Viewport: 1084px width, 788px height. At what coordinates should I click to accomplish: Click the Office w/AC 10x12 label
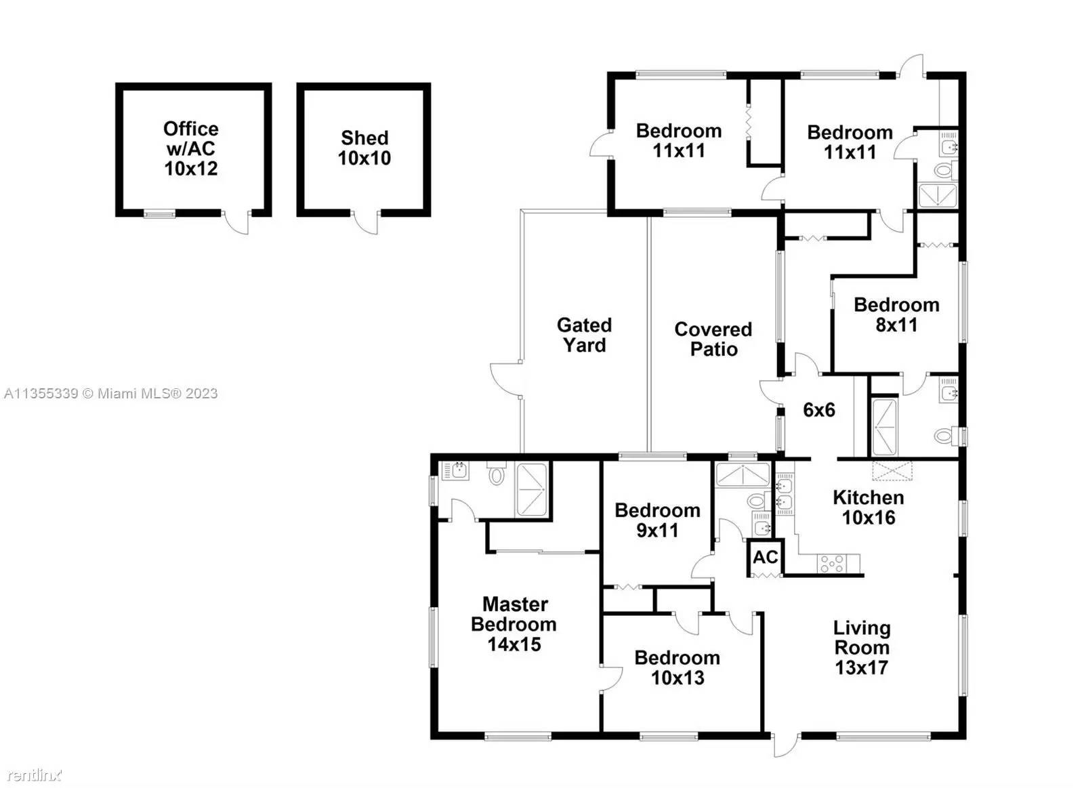point(191,148)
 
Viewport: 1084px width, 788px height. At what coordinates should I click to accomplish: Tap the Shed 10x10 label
point(364,148)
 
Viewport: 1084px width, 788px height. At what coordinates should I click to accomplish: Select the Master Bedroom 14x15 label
point(514,624)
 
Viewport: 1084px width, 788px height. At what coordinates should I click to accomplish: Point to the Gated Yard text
point(584,335)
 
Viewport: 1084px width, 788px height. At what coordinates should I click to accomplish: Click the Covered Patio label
point(713,339)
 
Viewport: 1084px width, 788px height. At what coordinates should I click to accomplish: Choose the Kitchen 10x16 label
point(868,507)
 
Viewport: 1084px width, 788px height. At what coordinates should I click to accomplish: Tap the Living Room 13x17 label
point(861,648)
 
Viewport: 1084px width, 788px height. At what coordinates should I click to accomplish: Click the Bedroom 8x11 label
point(896,314)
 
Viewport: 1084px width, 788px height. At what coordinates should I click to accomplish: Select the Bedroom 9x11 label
point(657,520)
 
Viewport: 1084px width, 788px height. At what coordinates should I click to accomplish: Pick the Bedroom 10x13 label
point(677,667)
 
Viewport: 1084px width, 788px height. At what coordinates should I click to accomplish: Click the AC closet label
point(766,558)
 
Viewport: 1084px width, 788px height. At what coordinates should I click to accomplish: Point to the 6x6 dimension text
point(818,410)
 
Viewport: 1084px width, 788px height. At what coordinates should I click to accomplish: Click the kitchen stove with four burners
point(832,563)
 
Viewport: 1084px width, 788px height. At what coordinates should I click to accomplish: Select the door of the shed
point(367,223)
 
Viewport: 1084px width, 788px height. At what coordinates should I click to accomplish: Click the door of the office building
point(238,223)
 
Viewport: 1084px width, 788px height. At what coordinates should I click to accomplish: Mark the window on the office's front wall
point(159,214)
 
